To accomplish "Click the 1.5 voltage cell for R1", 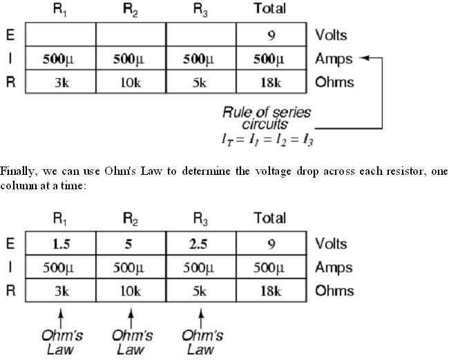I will click(x=59, y=244).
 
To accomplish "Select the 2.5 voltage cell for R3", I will click(x=200, y=244).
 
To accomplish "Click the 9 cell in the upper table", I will click(x=271, y=35).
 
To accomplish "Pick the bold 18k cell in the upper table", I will click(x=271, y=82).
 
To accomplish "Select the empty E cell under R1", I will click(x=59, y=35).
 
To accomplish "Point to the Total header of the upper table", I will click(x=270, y=10).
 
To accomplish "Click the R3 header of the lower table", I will click(x=200, y=219).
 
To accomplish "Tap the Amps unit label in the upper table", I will click(x=334, y=59).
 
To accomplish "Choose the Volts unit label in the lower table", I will click(x=332, y=243).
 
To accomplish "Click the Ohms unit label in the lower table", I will click(x=334, y=290).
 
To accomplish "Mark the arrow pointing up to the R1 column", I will click(x=61, y=316).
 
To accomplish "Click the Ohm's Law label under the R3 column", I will click(x=202, y=342).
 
